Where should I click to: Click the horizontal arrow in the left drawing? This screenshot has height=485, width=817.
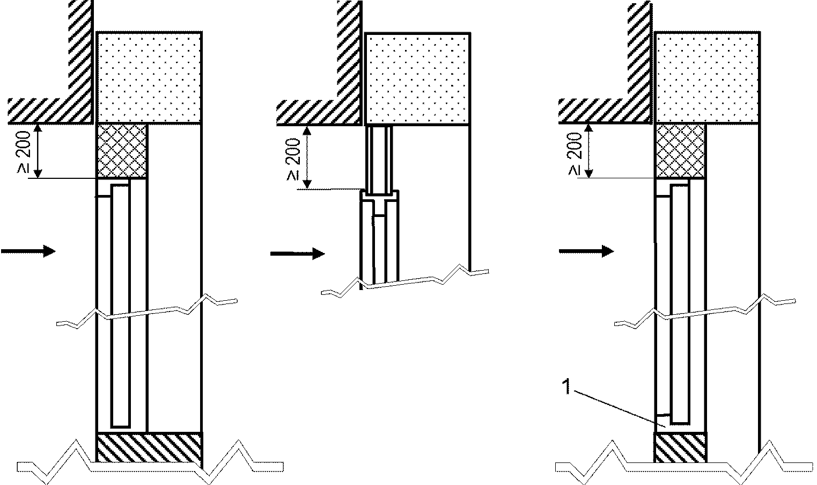click(x=28, y=251)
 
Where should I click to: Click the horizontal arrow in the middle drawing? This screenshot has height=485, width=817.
click(x=297, y=253)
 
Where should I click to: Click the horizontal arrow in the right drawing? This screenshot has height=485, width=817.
click(x=586, y=251)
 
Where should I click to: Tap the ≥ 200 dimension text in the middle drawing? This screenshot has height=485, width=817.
click(x=294, y=159)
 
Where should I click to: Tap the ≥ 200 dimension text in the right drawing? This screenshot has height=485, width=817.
click(x=575, y=154)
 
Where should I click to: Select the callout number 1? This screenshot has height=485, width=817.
click(x=566, y=387)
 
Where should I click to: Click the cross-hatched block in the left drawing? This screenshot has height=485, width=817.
click(x=121, y=151)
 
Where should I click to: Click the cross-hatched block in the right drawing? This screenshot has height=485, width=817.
click(x=680, y=151)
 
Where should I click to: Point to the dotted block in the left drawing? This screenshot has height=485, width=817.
click(x=149, y=77)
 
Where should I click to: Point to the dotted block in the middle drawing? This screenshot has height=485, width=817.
click(x=417, y=79)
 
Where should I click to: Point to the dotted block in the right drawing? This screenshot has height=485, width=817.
click(x=708, y=77)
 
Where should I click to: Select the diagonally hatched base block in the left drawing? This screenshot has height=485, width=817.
click(x=149, y=447)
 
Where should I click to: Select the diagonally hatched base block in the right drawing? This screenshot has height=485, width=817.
click(x=680, y=447)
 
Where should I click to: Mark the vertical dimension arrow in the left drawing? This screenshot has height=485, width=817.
click(x=40, y=151)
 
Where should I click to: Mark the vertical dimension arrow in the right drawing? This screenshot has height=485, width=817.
click(x=589, y=151)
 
